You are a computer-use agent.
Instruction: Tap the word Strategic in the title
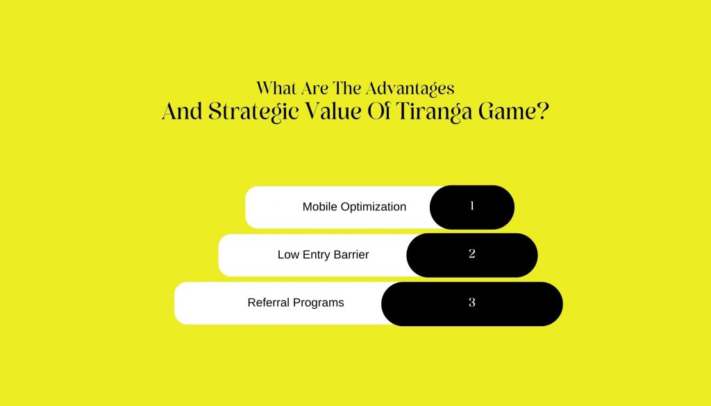click(x=253, y=112)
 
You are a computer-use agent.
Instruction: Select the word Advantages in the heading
click(x=410, y=88)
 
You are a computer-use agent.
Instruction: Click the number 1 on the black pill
click(x=472, y=206)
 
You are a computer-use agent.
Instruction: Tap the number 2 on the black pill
click(x=472, y=253)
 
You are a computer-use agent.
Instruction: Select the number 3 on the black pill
click(x=472, y=302)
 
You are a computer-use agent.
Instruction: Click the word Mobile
click(x=320, y=207)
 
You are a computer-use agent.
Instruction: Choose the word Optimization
click(x=374, y=207)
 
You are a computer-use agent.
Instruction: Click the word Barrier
click(x=351, y=255)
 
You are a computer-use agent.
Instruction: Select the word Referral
click(x=269, y=302)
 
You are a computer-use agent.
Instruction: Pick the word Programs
click(x=319, y=303)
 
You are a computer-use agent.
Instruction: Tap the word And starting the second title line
click(x=183, y=111)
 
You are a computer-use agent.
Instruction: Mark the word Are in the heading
click(x=315, y=88)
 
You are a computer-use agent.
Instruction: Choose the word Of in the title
click(x=378, y=111)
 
